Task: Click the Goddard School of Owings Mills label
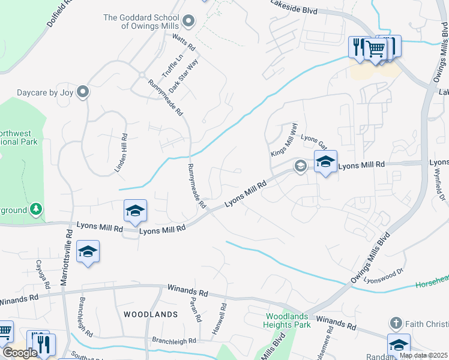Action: (x=142, y=22)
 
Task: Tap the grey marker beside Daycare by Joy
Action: (x=83, y=92)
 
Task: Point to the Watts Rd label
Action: (x=184, y=41)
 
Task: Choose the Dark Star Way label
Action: (x=183, y=75)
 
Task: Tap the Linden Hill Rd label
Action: (x=121, y=145)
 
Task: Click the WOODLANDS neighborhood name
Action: (x=151, y=314)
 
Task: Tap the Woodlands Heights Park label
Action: (x=287, y=320)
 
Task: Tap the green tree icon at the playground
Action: (x=37, y=209)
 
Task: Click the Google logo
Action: (x=20, y=353)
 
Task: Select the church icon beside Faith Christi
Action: (x=395, y=323)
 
